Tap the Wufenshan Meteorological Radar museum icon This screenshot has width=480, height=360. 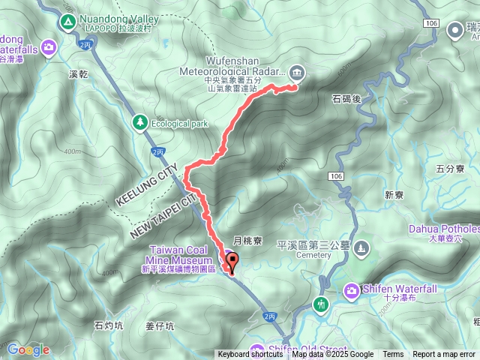pos(297,72)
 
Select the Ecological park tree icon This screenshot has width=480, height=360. pos(139,121)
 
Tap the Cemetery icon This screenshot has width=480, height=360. pos(362,247)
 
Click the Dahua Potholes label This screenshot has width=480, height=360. pos(444,229)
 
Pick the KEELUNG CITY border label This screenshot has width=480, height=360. pos(146,185)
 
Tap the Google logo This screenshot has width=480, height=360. pos(28,349)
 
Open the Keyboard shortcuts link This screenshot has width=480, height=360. pos(250,355)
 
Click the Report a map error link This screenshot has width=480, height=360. pos(443,355)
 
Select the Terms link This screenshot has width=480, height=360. pos(393,355)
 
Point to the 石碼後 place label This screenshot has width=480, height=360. pos(346,98)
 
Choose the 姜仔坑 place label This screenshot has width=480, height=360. pos(160,325)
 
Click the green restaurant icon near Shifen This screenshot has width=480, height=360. pos(322,304)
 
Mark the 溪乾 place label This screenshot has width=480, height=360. pos(78,74)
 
